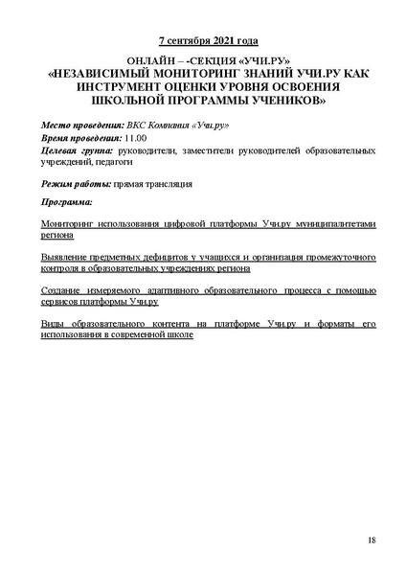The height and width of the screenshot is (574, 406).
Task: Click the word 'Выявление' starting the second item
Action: pyautogui.click(x=65, y=257)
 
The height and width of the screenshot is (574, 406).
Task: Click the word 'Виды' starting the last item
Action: pyautogui.click(x=54, y=326)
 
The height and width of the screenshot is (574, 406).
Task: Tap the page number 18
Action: pyautogui.click(x=371, y=542)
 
